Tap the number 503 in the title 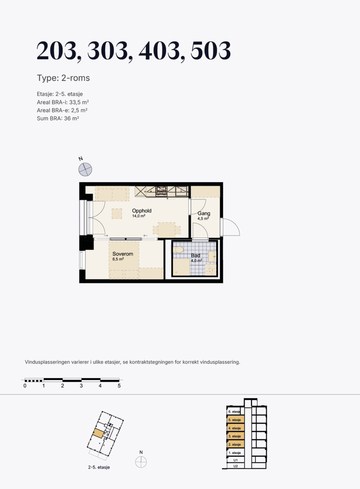(x=211, y=51)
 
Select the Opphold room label (x=142, y=210)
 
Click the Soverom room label (x=123, y=254)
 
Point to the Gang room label (x=204, y=213)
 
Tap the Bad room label (x=195, y=255)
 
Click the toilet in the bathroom (x=178, y=249)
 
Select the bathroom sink (x=212, y=256)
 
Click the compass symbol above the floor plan (x=85, y=169)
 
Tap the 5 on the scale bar (x=119, y=386)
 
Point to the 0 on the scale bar (x=25, y=386)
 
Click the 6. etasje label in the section (x=234, y=411)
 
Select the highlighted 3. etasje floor (x=236, y=436)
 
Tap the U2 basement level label (x=236, y=466)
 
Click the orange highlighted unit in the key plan (x=98, y=433)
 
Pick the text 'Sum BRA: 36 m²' (x=58, y=118)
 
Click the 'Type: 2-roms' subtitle (x=63, y=78)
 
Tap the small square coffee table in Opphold (x=117, y=214)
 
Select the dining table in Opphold (x=167, y=230)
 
